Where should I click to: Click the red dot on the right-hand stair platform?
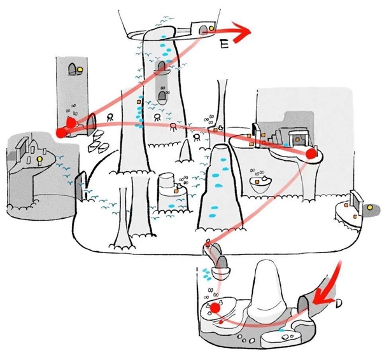(x=311, y=154)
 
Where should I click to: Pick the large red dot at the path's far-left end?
(x=62, y=132)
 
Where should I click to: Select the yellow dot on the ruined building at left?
(x=39, y=157)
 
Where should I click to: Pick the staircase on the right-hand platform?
(x=271, y=135)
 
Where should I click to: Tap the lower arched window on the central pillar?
(x=162, y=96)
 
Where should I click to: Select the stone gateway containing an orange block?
(x=295, y=139)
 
